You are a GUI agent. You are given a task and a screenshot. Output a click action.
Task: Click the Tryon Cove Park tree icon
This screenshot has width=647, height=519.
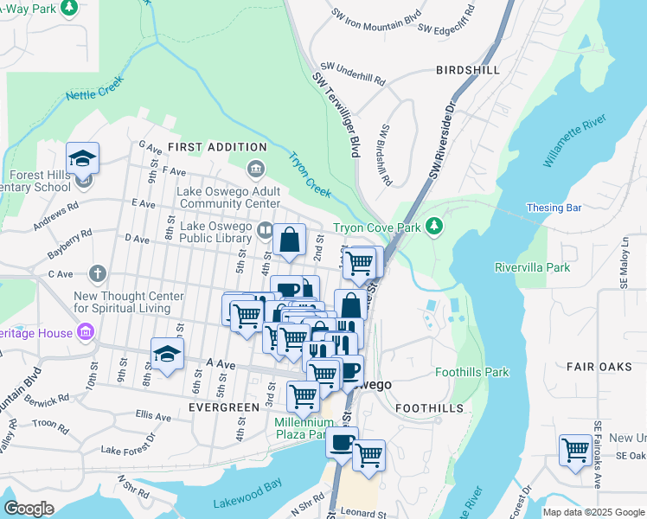[435, 227]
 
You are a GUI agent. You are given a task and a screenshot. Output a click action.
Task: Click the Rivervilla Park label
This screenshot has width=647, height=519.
[532, 267]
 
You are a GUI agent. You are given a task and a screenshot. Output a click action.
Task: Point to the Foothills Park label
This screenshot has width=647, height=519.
[471, 373]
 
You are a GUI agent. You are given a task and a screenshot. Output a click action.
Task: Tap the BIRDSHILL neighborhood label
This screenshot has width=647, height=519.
[468, 69]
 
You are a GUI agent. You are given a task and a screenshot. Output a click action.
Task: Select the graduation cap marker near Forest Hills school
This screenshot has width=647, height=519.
[83, 157]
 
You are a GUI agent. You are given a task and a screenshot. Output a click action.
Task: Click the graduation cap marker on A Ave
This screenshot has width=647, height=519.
[168, 352]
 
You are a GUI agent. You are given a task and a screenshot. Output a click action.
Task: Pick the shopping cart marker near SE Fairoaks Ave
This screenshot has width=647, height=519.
[575, 450]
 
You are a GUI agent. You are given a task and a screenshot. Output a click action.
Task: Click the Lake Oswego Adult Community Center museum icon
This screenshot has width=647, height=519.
[255, 167]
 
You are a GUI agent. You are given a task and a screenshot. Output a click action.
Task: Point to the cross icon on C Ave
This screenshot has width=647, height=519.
[98, 273]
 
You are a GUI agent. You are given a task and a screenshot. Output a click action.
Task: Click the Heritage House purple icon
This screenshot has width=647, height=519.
[85, 332]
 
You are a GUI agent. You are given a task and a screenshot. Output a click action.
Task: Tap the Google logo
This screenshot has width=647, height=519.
[29, 509]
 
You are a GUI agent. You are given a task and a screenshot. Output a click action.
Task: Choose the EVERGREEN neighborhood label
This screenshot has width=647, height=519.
[224, 407]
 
